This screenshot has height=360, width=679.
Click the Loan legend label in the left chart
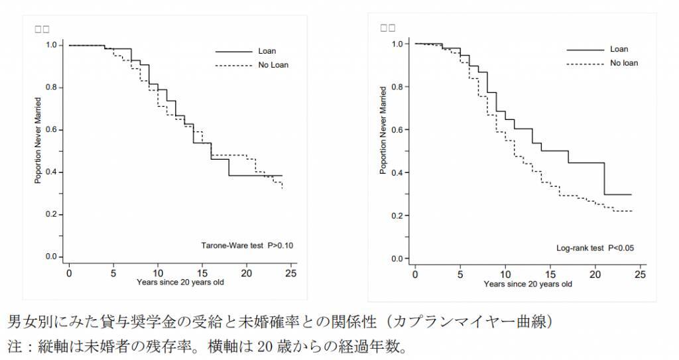267,51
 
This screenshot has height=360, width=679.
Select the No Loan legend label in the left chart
273,65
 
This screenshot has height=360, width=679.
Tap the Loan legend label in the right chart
619,49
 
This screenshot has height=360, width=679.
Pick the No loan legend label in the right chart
624,63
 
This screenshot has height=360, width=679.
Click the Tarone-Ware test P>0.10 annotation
247,246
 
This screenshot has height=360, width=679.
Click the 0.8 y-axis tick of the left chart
51,88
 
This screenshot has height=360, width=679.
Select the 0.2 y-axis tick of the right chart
398,215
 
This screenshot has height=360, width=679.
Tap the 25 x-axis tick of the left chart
291,272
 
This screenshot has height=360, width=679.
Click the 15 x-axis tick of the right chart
550,274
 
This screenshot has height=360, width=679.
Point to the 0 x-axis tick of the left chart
69,272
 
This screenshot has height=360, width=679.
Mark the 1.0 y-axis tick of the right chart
398,44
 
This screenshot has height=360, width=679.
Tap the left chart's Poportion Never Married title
38,141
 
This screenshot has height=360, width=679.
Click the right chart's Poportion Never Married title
383,130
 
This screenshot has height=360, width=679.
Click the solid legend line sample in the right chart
584,49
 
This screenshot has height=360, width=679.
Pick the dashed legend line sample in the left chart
233,65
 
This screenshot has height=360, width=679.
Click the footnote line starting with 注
206,346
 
